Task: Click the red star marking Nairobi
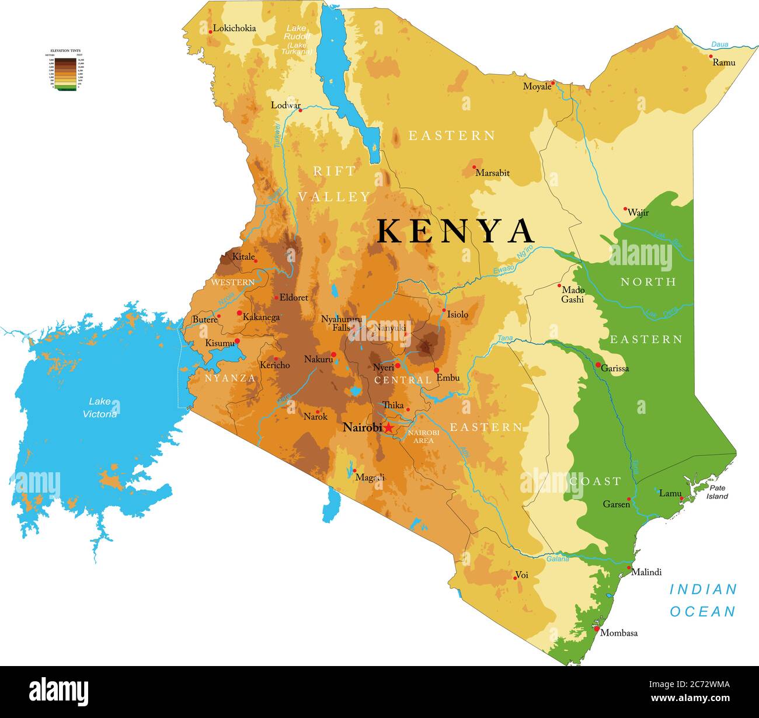pyautogui.click(x=388, y=428)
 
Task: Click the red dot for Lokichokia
pyautogui.click(x=210, y=32)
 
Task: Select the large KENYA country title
pyautogui.click(x=455, y=231)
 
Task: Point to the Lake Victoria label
pyautogui.click(x=100, y=407)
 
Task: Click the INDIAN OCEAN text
pyautogui.click(x=702, y=600)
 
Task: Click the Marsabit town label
pyautogui.click(x=492, y=173)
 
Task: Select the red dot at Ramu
pyautogui.click(x=711, y=57)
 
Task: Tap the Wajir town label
pyautogui.click(x=638, y=213)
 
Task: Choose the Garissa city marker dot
pyautogui.click(x=598, y=365)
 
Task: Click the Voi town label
pyautogui.click(x=522, y=575)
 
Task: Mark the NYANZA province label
pyautogui.click(x=230, y=378)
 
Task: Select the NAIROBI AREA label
pyautogui.click(x=423, y=436)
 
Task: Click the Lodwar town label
pyautogui.click(x=286, y=106)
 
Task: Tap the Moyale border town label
pyautogui.click(x=537, y=86)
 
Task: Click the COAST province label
pyautogui.click(x=595, y=481)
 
